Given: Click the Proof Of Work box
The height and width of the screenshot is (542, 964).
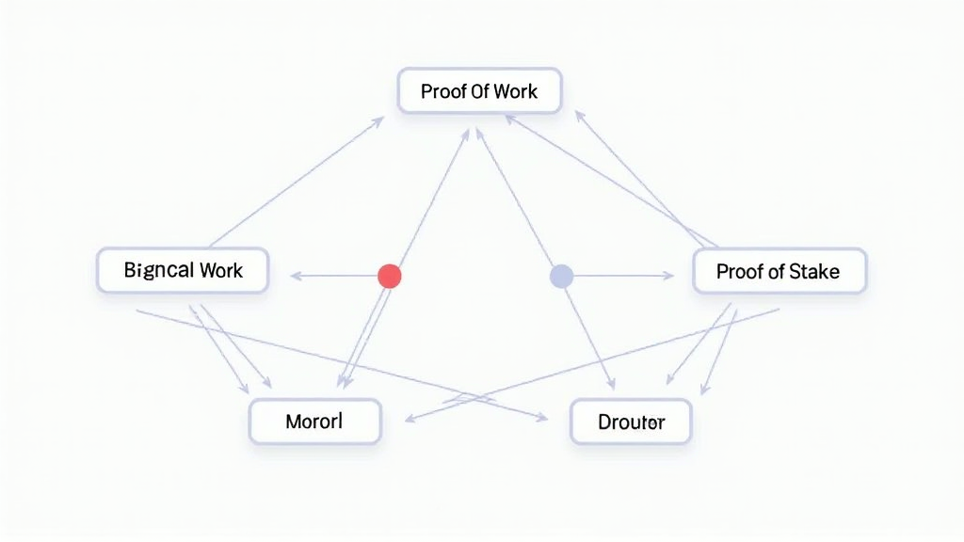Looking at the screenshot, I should coord(479,91).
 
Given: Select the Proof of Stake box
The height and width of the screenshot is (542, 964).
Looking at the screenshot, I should coord(779,271).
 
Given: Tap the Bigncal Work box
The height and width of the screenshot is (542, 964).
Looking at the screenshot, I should coord(183,270).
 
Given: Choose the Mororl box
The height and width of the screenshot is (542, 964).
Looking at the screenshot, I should coord(314,421).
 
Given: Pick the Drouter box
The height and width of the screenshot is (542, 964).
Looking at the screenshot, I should coord(631,422).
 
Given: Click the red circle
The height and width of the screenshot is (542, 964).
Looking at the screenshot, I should coord(389,276).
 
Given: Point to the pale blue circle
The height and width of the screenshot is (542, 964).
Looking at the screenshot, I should coord(561,276).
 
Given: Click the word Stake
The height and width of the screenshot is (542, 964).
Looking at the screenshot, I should coord(814,272).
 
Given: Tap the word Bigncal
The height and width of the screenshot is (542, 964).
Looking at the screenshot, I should coord(157,271).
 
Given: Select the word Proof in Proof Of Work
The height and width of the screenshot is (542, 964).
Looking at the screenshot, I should coord(442,91).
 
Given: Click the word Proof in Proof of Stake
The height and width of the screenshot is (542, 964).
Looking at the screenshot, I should coord(738,272).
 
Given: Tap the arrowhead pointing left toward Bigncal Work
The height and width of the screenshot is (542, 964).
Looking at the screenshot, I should coord(295,276).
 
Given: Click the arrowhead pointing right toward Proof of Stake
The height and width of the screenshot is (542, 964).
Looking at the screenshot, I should coord(668,276).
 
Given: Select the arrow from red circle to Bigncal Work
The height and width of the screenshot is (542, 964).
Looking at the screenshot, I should coord(334,276).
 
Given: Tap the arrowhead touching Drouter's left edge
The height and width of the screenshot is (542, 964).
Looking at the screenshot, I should coord(542,417).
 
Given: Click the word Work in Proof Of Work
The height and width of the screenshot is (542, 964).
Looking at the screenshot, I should coord(516,91).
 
